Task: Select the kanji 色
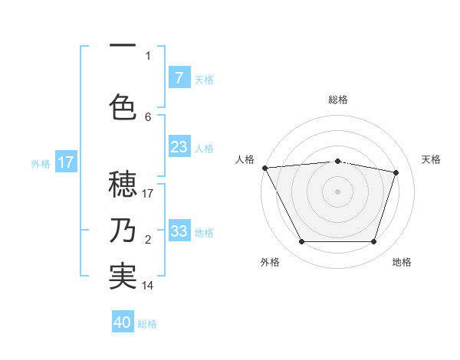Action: pyautogui.click(x=123, y=106)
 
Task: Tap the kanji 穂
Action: pyautogui.click(x=123, y=185)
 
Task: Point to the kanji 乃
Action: pyautogui.click(x=123, y=231)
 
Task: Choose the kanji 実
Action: pyautogui.click(x=123, y=277)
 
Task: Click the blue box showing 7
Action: pyautogui.click(x=179, y=77)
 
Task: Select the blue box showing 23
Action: pyautogui.click(x=179, y=147)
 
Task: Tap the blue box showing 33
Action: pyautogui.click(x=179, y=231)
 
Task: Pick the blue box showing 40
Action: pyautogui.click(x=123, y=322)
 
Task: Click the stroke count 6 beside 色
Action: pyautogui.click(x=148, y=116)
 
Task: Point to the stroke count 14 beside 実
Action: pyautogui.click(x=148, y=286)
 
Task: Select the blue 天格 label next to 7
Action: pyautogui.click(x=204, y=79)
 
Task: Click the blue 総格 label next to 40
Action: pyautogui.click(x=147, y=324)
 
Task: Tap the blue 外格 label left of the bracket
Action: pyautogui.click(x=41, y=163)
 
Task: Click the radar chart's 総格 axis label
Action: pyautogui.click(x=338, y=100)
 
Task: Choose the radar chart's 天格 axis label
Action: pyautogui.click(x=432, y=159)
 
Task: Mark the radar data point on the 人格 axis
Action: pyautogui.click(x=264, y=168)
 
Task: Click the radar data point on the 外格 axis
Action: pyautogui.click(x=301, y=242)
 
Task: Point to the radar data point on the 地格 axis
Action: pyautogui.click(x=374, y=242)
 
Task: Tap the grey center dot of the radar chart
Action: pyautogui.click(x=338, y=191)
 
